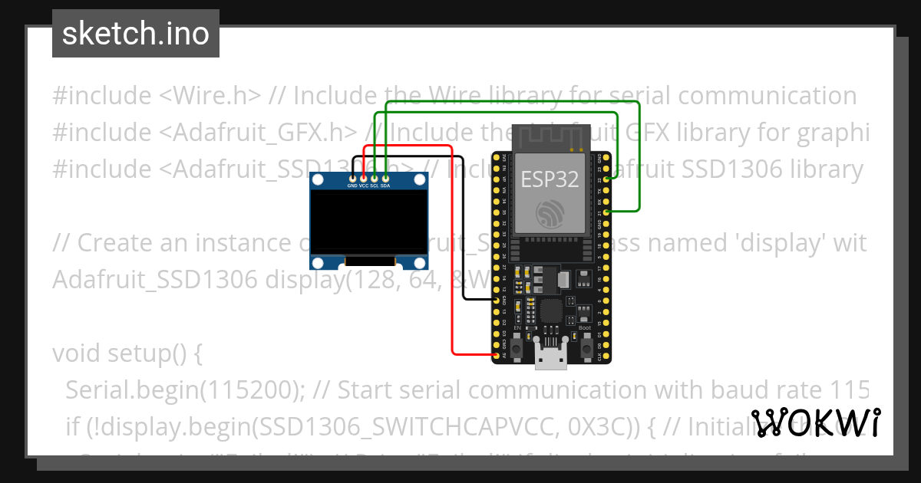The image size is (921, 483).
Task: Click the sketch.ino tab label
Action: (135, 34)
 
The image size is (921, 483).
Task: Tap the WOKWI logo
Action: (816, 423)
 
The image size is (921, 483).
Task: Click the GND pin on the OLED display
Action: (352, 179)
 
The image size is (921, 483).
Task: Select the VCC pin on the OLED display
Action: (363, 179)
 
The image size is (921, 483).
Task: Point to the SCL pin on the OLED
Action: (374, 179)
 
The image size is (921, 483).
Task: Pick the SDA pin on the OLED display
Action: (385, 179)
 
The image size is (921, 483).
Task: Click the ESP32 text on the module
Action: (550, 179)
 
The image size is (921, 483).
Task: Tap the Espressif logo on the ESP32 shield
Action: (550, 212)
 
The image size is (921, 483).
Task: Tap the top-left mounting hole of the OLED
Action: (315, 179)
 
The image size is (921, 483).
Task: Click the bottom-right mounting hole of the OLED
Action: (420, 263)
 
